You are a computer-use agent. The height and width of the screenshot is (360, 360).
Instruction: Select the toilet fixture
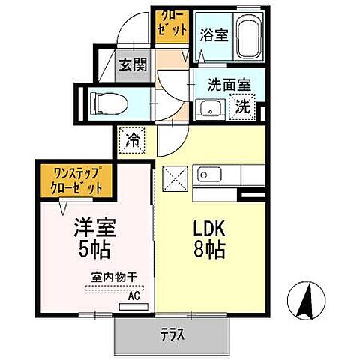tap(109, 101)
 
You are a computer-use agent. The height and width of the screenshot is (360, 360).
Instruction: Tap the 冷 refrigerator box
tap(130, 139)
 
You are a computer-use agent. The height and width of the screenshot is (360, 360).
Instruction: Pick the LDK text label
tap(212, 226)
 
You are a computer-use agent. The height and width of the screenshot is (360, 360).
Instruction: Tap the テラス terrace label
tap(171, 332)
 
